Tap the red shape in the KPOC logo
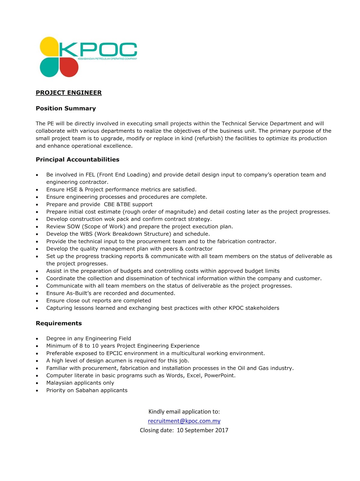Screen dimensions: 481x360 tap(69, 67)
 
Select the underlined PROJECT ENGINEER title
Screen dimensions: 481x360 tap(69, 93)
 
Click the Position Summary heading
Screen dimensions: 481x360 tap(66, 108)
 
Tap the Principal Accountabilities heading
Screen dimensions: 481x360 tap(78, 159)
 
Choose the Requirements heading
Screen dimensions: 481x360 tap(59, 323)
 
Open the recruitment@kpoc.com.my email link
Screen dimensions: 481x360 tap(184, 421)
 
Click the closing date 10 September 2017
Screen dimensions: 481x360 tap(202, 430)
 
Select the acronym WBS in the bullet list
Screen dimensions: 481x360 tap(87, 234)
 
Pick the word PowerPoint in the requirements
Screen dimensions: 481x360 tap(219, 375)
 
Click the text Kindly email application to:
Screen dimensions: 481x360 tap(184, 412)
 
